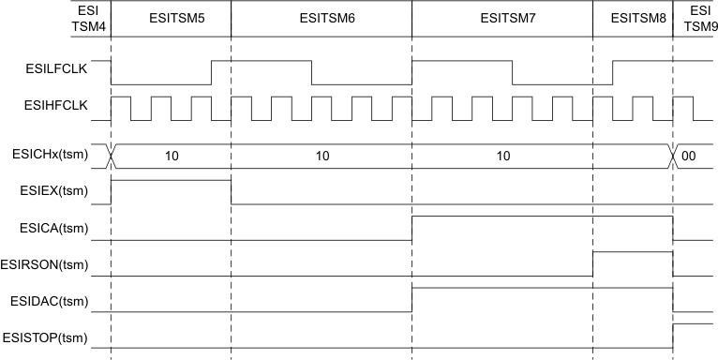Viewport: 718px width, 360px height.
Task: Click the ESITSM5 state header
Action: pyautogui.click(x=171, y=19)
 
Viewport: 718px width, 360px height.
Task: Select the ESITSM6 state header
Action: pyautogui.click(x=321, y=19)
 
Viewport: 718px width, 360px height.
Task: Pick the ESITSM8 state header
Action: pyautogui.click(x=633, y=19)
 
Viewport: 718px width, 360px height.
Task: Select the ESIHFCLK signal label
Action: pyautogui.click(x=56, y=106)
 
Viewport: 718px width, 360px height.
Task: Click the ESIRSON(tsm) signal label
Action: pyautogui.click(x=48, y=265)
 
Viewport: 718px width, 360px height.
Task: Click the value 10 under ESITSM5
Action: pyautogui.click(x=171, y=156)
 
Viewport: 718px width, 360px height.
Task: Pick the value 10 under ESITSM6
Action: pyautogui.click(x=321, y=156)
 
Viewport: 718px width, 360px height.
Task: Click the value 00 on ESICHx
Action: pyautogui.click(x=689, y=156)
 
